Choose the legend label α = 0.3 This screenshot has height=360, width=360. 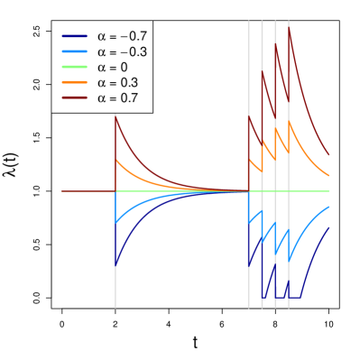(x=115, y=83)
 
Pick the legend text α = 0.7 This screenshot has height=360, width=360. (x=115, y=98)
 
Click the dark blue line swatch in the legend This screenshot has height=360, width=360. (x=75, y=37)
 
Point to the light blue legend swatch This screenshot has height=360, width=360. (x=75, y=52)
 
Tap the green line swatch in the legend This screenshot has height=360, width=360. (x=75, y=68)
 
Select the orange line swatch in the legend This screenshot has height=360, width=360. (x=75, y=83)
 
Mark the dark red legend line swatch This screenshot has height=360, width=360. (x=75, y=98)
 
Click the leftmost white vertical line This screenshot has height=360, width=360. (x=115, y=271)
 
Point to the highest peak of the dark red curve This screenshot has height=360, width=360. (x=289, y=28)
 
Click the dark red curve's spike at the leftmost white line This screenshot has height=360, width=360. (x=115, y=116)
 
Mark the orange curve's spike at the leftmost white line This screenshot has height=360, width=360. (x=115, y=160)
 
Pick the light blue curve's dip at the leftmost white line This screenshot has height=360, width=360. (x=115, y=223)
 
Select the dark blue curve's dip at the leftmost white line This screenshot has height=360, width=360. (x=115, y=266)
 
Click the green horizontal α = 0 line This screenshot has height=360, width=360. (x=180, y=191)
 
